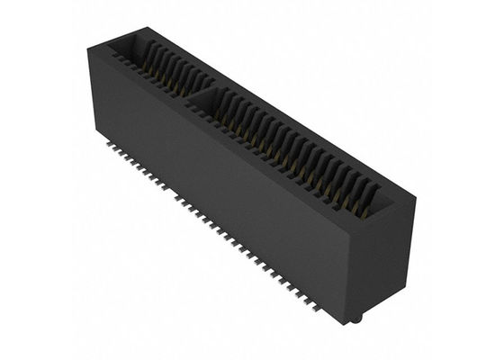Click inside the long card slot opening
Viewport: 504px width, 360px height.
[297, 144]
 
